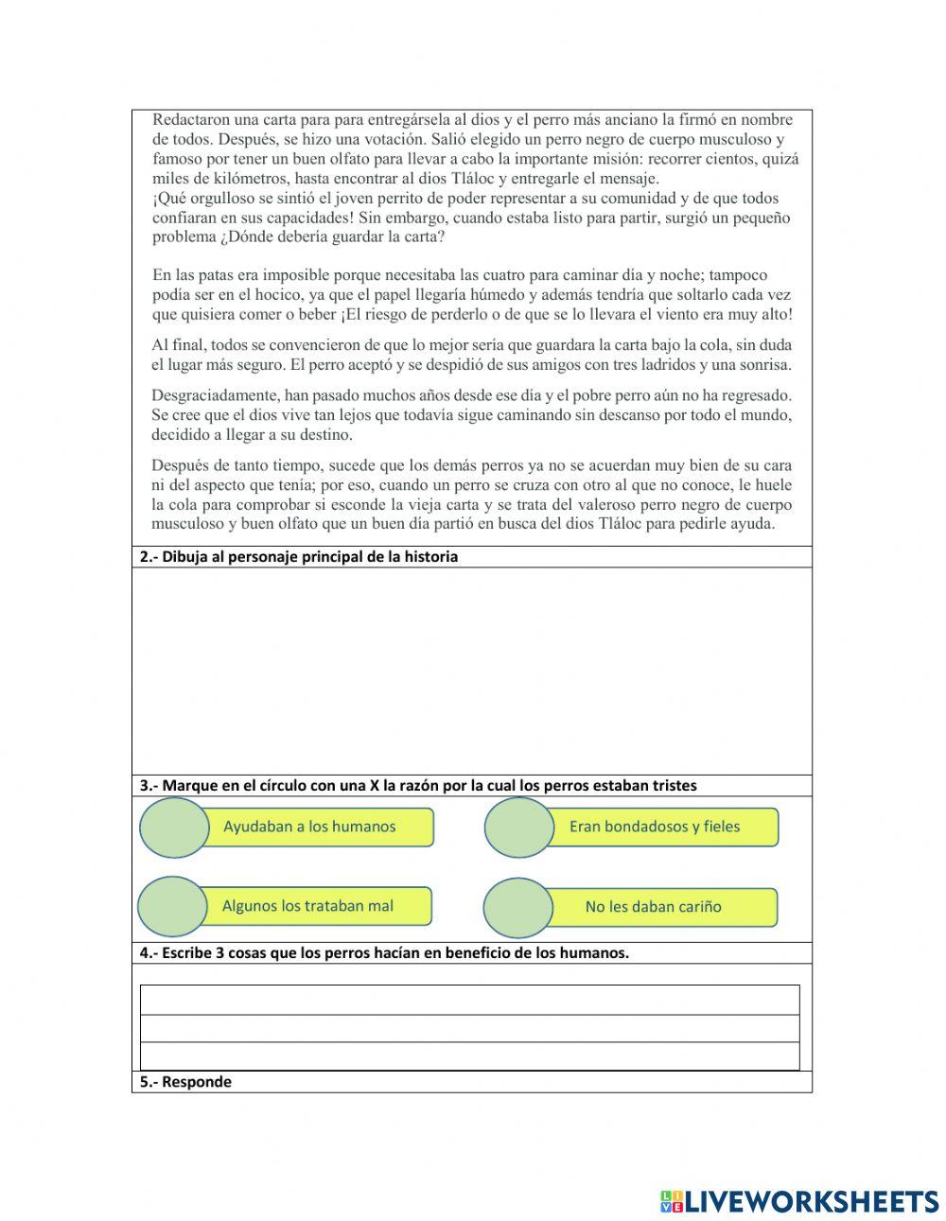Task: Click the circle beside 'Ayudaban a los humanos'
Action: (174, 828)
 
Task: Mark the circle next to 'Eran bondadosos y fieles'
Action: (519, 828)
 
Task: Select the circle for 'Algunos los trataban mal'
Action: (172, 906)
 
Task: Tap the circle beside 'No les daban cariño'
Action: (517, 908)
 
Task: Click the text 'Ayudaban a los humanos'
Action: (309, 827)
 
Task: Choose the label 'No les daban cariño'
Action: (653, 907)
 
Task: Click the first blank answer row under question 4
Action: (469, 1000)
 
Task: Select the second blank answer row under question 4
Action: (469, 1028)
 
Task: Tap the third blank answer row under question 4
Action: (469, 1055)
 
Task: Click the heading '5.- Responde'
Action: (185, 1082)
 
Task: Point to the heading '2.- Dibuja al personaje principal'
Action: (299, 557)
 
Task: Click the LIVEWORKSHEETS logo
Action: (799, 1201)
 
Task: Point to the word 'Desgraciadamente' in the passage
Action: (213, 395)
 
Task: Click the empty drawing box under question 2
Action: (471, 671)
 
